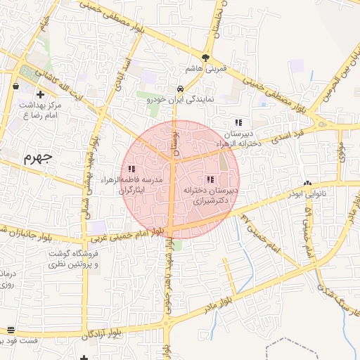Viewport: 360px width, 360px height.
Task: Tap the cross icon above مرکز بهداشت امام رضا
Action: [x=40, y=94]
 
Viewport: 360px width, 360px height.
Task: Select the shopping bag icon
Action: [x=15, y=86]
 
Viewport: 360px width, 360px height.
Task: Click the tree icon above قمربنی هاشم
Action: [x=205, y=58]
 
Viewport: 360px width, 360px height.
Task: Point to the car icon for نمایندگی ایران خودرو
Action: [x=181, y=89]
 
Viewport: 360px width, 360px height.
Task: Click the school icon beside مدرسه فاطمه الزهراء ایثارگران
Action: [x=131, y=169]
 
